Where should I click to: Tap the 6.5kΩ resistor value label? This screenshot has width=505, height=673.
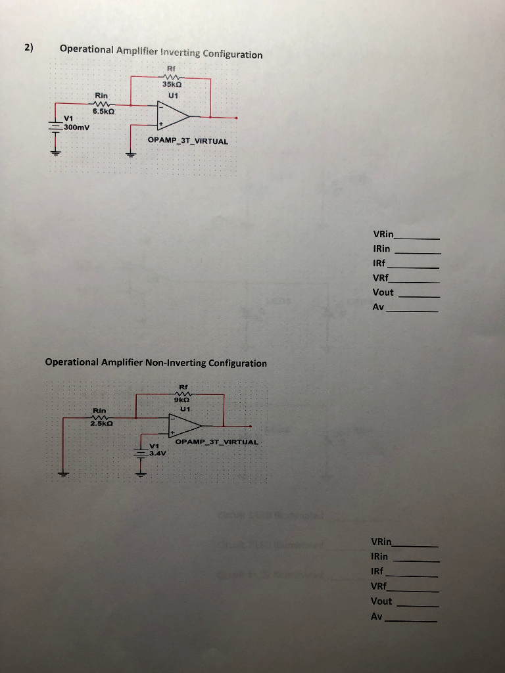point(104,111)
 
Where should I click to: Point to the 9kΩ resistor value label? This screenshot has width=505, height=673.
point(182,399)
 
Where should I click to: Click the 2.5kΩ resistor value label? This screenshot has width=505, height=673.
point(102,424)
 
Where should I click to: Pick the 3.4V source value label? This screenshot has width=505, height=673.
point(158,453)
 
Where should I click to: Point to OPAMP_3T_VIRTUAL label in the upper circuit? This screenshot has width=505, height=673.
point(188,141)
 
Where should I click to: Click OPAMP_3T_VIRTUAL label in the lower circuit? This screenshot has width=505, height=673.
point(217,442)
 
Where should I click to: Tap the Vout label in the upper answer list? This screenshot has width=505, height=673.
point(383,292)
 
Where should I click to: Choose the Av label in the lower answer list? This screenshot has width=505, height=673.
point(376,616)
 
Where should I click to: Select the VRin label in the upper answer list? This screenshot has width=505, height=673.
point(383,234)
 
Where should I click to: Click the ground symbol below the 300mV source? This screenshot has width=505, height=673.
point(56,152)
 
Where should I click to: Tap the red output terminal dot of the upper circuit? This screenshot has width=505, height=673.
point(236,118)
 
